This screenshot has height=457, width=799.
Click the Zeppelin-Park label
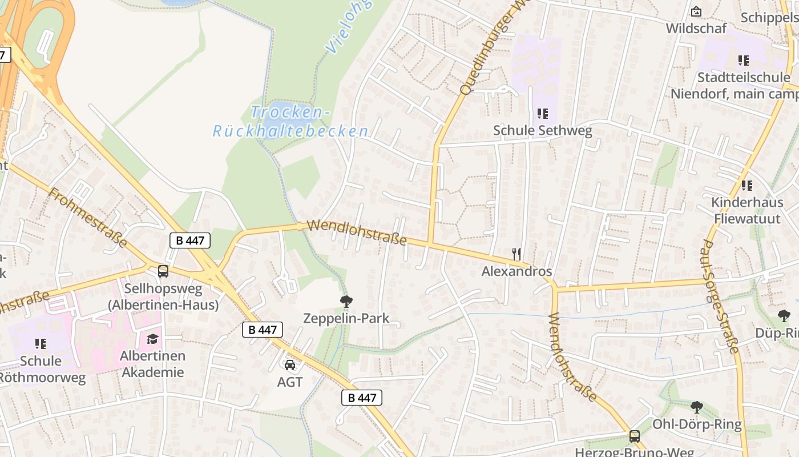point(346,319)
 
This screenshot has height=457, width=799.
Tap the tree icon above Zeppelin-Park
point(346,301)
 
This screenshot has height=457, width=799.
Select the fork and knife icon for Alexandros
point(516,254)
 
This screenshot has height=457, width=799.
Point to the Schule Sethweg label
point(542,131)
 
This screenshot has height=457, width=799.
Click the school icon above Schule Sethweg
point(542,114)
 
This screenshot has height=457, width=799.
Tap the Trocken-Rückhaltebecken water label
point(290,122)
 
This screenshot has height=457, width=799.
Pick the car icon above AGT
point(290,364)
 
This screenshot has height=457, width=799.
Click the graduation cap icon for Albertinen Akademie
point(152,339)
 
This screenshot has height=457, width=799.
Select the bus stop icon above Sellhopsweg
point(163,271)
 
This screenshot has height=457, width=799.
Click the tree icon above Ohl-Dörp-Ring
point(696,407)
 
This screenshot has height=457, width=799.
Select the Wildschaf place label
point(696,28)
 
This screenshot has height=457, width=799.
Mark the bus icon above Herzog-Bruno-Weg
point(634,436)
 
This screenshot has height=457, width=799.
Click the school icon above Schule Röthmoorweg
point(40,343)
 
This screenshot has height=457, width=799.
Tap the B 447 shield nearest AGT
point(263,330)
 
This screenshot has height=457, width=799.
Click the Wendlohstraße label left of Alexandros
point(357,232)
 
